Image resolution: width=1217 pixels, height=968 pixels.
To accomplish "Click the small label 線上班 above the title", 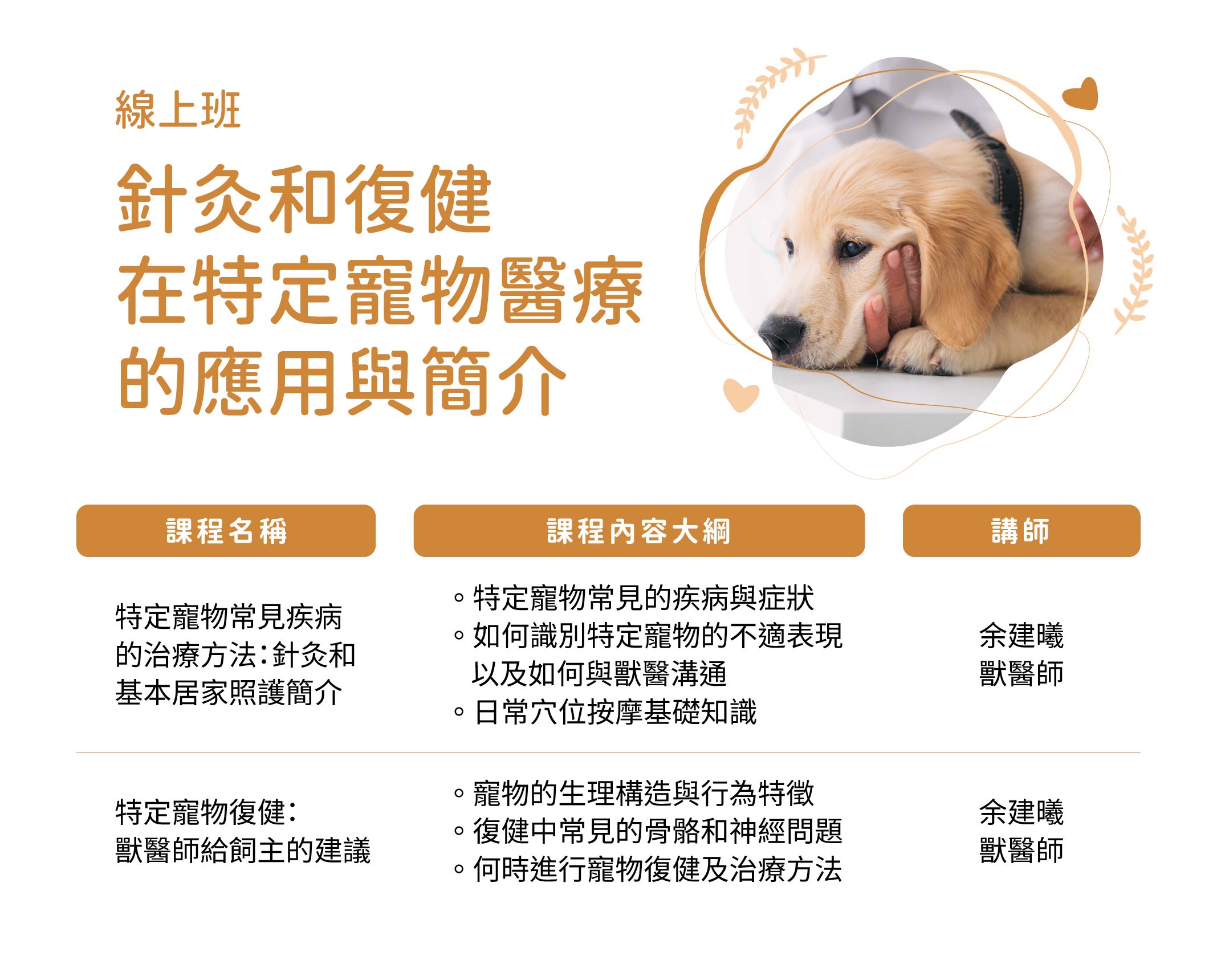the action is coord(178,110).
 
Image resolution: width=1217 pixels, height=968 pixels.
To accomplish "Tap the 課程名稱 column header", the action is coord(226,531).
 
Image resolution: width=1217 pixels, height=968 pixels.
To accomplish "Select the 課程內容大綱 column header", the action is coord(639,531).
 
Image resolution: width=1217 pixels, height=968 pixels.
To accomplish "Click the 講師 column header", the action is coord(1021,531).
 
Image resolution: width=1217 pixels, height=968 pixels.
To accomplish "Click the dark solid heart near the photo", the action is coord(1081,94).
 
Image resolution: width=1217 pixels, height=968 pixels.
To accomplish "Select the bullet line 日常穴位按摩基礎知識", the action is coord(606,712).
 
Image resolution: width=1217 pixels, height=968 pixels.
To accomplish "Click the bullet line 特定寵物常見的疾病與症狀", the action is coord(634,598).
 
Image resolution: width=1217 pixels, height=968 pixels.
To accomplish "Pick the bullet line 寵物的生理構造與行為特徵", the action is coord(634,793).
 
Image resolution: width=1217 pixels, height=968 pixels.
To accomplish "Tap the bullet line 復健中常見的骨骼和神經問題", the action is coord(648,831).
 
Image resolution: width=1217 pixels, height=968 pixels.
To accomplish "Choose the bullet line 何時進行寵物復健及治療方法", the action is coord(648,869).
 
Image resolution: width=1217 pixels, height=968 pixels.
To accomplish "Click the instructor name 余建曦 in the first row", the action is coord(1021,636).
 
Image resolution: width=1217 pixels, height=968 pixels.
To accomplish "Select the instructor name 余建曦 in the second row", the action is coord(1021,812).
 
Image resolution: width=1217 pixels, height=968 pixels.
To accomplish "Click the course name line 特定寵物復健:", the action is coord(206,812).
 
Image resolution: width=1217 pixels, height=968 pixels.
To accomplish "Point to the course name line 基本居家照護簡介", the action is coord(229,693).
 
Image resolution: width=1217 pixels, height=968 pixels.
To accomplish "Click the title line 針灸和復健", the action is coord(304,199).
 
